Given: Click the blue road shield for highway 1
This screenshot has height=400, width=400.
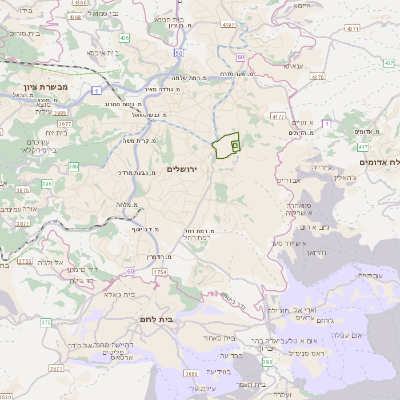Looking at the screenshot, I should click(x=94, y=90).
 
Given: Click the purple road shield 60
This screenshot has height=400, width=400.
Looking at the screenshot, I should click(x=131, y=271).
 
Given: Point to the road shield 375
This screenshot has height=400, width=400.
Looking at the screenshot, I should click(x=46, y=321).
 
